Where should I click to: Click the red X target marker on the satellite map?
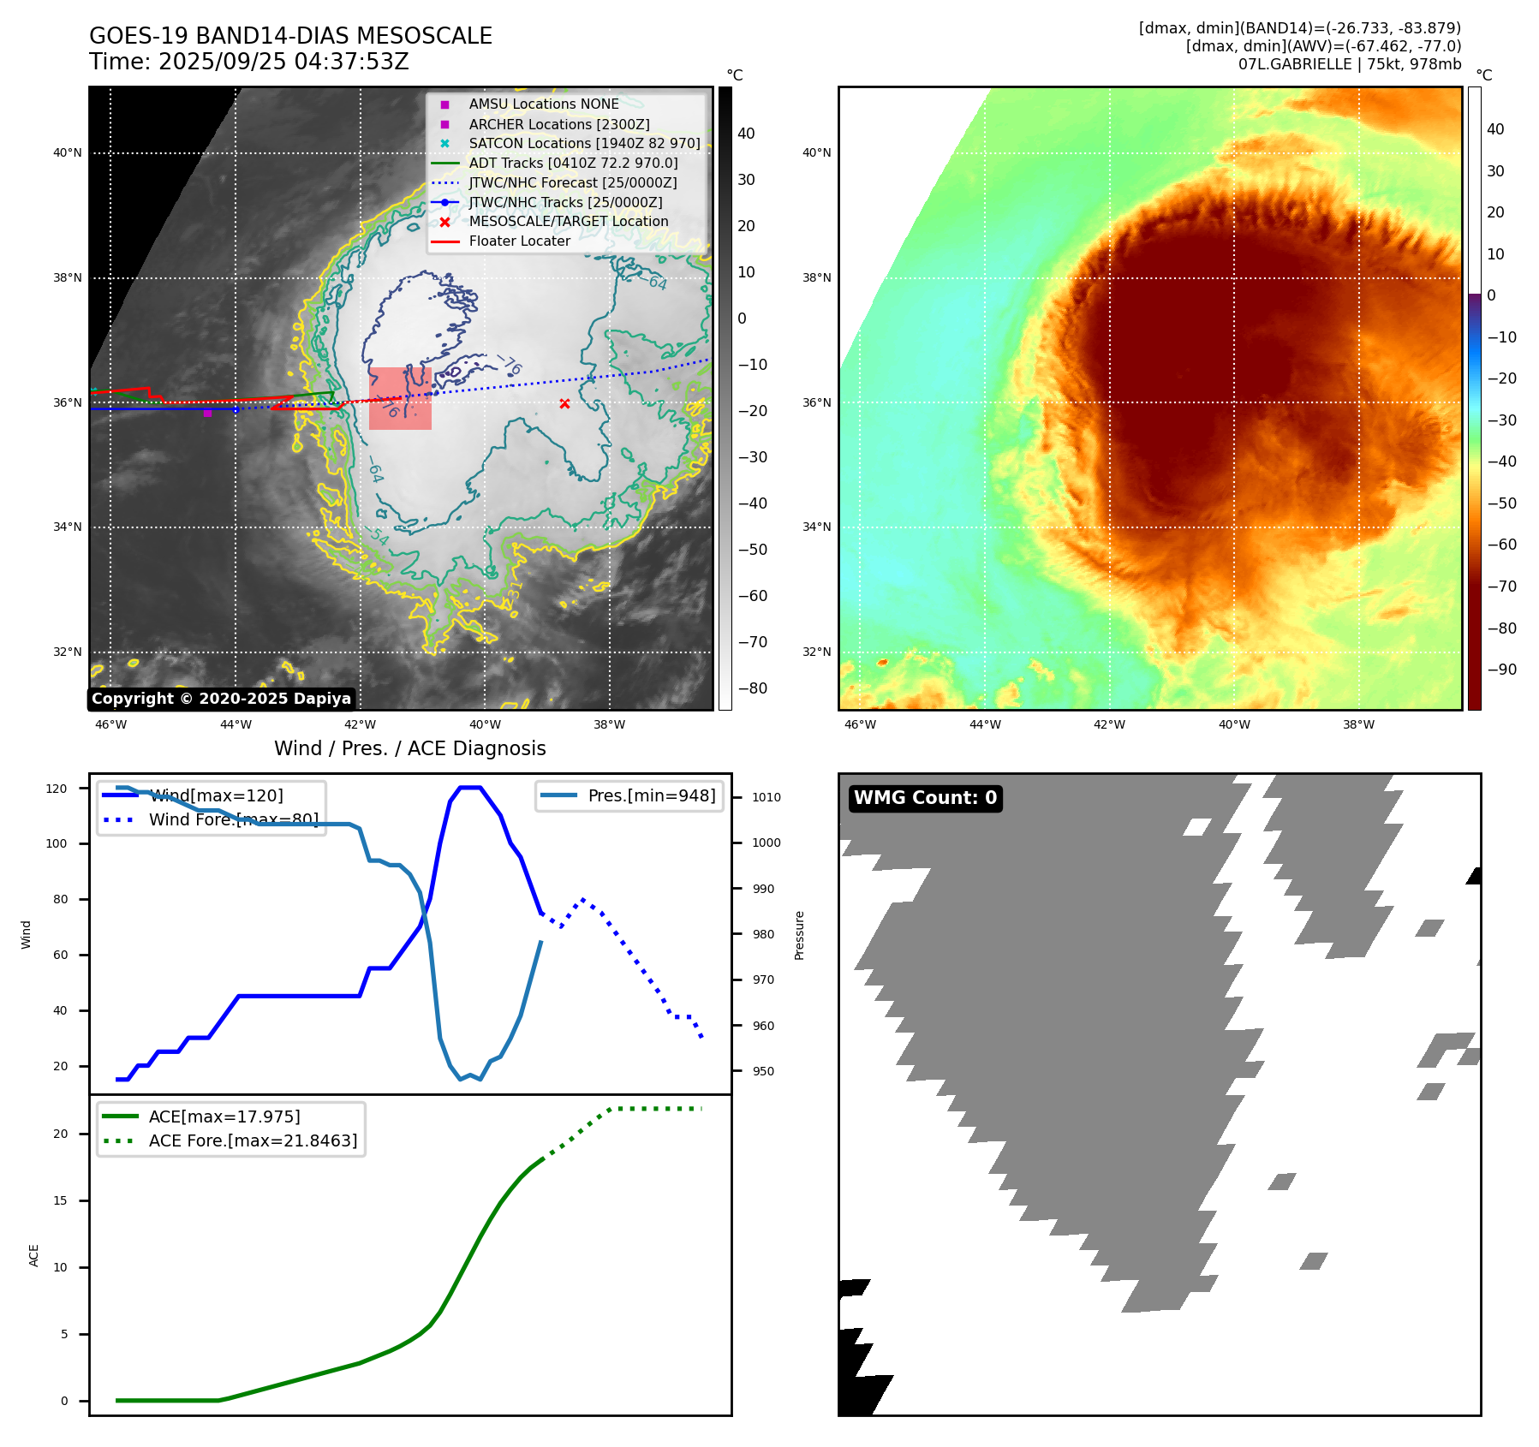[564, 403]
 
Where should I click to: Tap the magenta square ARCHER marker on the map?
[207, 413]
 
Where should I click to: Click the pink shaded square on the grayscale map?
[400, 399]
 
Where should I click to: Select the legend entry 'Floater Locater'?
[519, 241]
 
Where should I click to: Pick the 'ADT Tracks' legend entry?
[573, 163]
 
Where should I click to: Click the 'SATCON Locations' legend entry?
[584, 143]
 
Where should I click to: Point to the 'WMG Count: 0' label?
[925, 798]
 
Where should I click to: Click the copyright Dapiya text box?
[221, 699]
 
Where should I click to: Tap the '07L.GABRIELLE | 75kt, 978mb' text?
[1349, 64]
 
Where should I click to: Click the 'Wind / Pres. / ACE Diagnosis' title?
[409, 748]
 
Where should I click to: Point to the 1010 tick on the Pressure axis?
[766, 797]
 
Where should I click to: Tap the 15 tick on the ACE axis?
[60, 1200]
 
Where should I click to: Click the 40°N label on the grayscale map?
[68, 153]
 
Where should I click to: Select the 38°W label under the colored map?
[1358, 724]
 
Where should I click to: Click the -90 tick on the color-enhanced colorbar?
[1502, 670]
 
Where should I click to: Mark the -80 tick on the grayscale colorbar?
[753, 688]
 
